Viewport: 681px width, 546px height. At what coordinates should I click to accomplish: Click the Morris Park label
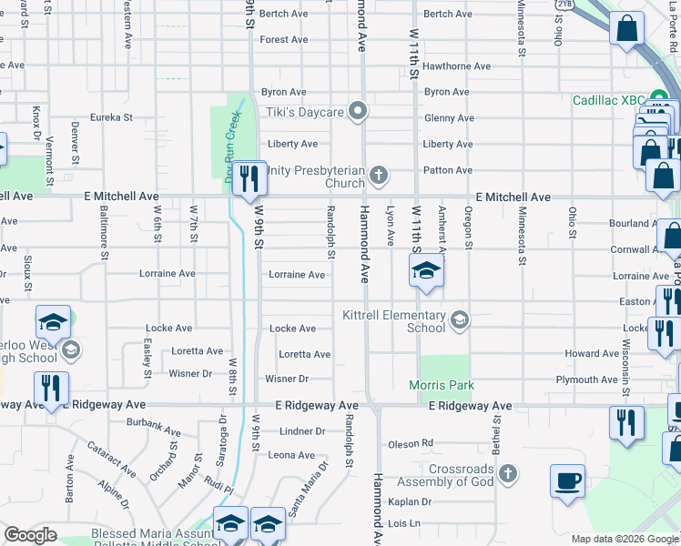(442, 385)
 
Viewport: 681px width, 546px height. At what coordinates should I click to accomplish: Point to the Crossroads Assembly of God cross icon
(508, 474)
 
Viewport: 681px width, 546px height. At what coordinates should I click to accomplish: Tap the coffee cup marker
(567, 480)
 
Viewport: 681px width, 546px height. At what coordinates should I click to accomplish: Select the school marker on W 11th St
(425, 270)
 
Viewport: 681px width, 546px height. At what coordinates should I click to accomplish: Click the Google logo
(31, 535)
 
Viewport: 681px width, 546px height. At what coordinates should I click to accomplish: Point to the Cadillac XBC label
(608, 100)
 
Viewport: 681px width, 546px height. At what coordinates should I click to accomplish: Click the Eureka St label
(111, 117)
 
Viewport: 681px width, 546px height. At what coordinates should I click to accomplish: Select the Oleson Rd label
(411, 443)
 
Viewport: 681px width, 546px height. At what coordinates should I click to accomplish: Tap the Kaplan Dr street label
(409, 501)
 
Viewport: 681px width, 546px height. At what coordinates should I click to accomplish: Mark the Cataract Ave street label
(111, 459)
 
